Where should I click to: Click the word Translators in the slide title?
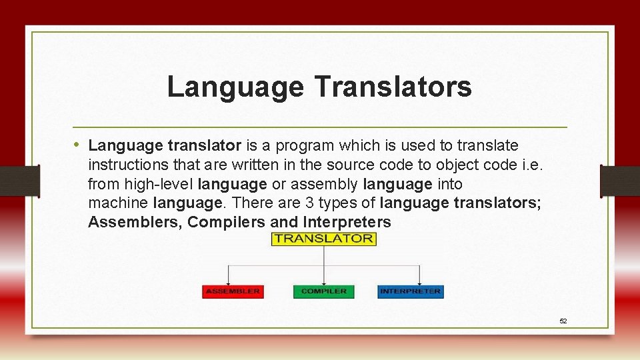pos(393,87)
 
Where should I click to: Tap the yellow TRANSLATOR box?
pos(324,239)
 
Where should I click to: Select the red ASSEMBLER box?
pos(232,291)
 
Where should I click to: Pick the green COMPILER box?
pos(324,291)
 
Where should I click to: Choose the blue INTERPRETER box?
pos(410,291)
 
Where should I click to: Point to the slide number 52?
pos(563,321)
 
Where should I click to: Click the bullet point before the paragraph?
pos(78,145)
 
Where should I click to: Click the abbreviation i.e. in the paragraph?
pos(533,165)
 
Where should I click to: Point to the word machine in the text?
pos(119,203)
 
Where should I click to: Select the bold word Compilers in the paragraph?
pos(225,222)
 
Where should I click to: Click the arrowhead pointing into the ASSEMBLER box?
pos(229,283)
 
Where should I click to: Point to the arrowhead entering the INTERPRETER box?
pos(419,283)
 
